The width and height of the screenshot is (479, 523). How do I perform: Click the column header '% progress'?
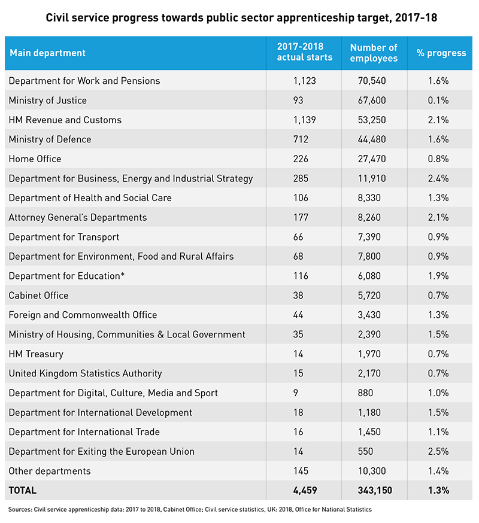click(441, 53)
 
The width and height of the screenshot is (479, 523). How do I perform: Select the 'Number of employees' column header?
click(374, 53)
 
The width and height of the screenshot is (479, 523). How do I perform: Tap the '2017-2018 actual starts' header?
click(304, 51)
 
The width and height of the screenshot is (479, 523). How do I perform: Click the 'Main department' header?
click(48, 53)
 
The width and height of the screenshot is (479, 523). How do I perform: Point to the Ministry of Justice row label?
click(48, 101)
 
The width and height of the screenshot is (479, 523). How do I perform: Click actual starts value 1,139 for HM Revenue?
click(304, 120)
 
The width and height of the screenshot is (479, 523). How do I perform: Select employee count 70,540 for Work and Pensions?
click(372, 81)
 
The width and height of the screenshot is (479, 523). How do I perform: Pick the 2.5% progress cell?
click(438, 452)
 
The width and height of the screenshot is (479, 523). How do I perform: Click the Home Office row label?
click(35, 159)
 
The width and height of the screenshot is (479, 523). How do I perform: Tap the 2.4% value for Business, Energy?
click(438, 178)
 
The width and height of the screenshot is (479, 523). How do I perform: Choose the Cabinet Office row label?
click(39, 296)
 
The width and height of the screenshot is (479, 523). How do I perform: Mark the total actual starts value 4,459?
click(305, 490)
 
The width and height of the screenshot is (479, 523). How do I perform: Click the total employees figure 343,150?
click(375, 490)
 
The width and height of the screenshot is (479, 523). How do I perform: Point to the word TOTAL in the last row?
click(23, 490)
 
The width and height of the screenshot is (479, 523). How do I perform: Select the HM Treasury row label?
click(36, 354)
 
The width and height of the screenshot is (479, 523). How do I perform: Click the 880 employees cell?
click(365, 393)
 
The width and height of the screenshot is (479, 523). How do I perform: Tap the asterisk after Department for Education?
click(123, 275)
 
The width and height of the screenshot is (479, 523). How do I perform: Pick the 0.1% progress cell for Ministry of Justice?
click(438, 101)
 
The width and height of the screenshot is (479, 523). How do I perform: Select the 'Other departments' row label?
click(50, 471)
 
